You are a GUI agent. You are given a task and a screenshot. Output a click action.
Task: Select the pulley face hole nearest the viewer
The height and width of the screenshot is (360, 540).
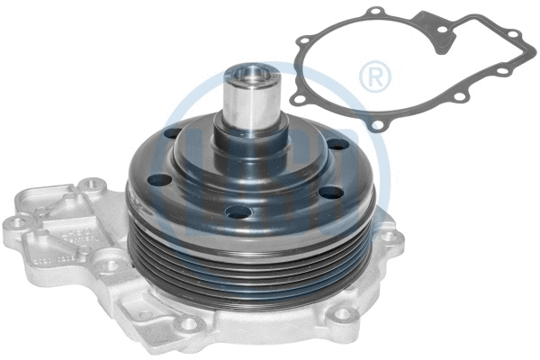[238, 212]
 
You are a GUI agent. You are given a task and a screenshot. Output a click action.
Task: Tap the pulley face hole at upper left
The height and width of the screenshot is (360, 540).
[172, 133]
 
